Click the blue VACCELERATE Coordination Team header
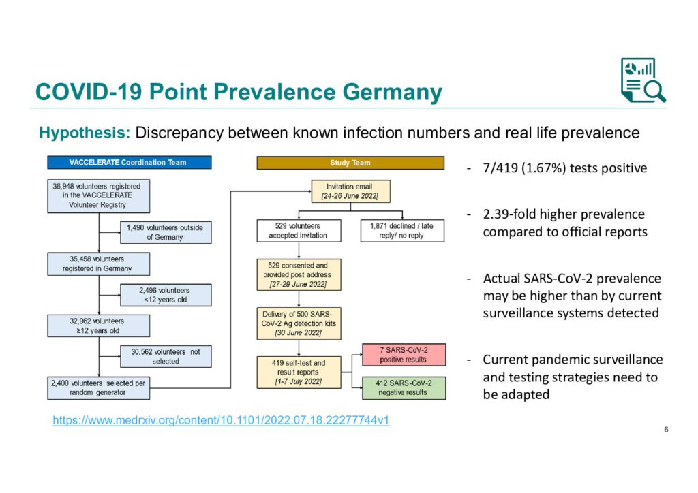(x=130, y=162)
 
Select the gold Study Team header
(x=350, y=163)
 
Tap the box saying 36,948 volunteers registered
(x=98, y=196)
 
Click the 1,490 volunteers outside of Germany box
(x=166, y=232)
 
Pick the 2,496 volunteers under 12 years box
(x=166, y=295)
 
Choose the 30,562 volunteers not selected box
(x=166, y=357)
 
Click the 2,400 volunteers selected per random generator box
(x=98, y=388)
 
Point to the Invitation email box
(x=351, y=191)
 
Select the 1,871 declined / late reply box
(x=402, y=231)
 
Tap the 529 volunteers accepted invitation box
(x=299, y=231)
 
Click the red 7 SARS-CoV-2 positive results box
(x=404, y=355)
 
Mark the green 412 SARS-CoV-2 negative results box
(x=404, y=387)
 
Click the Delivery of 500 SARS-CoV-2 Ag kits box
(x=299, y=323)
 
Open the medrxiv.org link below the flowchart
(x=221, y=420)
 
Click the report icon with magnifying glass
(x=643, y=80)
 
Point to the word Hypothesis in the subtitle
(x=85, y=133)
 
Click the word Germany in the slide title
(x=392, y=92)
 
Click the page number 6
(x=666, y=430)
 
